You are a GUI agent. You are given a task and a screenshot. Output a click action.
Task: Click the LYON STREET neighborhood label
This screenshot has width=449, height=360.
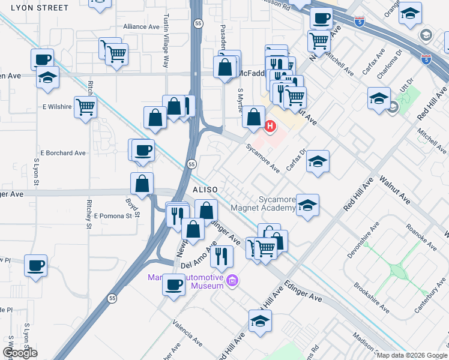click(x=34, y=8)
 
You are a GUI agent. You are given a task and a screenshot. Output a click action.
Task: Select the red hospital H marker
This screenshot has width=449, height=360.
click(x=270, y=127)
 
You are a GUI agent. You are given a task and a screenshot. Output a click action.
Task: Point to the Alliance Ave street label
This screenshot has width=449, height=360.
click(x=142, y=27)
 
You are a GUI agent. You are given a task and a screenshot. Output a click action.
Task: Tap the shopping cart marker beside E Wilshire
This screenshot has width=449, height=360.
click(x=86, y=107)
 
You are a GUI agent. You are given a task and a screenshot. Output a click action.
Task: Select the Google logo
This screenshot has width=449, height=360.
click(x=20, y=353)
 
